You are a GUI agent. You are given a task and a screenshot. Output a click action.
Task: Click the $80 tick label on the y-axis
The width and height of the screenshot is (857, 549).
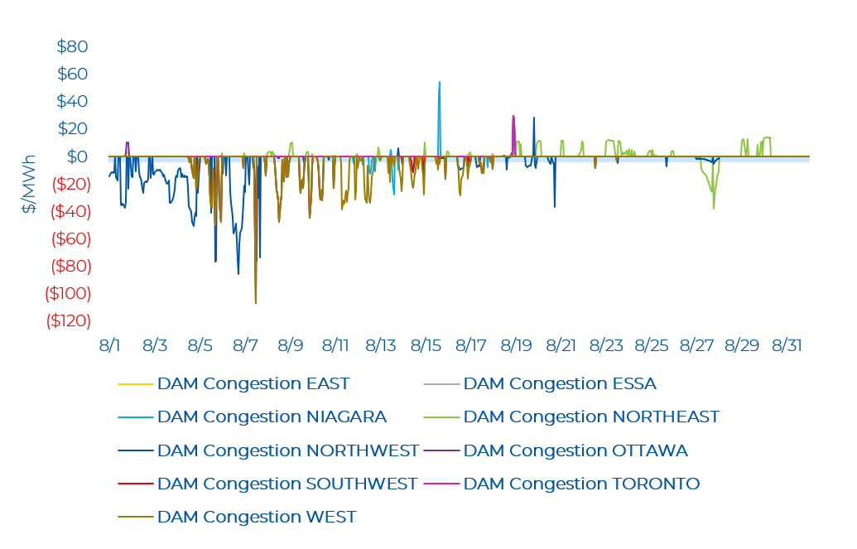coord(72,46)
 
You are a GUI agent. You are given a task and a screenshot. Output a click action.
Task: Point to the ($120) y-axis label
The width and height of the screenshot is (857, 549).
coord(69,320)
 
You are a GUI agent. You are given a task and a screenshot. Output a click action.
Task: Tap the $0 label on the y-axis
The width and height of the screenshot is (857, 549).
coord(77,157)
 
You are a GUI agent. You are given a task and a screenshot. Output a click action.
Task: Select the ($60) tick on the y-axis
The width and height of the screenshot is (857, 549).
coord(71,238)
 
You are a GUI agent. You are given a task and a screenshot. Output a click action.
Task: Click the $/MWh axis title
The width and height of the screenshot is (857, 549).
coord(28,184)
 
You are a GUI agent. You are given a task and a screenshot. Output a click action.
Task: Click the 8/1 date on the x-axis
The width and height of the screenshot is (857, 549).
coord(109,345)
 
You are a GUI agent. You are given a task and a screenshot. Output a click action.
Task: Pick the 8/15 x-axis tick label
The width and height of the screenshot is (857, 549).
coord(426,345)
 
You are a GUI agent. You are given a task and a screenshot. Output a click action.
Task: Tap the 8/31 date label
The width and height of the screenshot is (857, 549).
coord(787,345)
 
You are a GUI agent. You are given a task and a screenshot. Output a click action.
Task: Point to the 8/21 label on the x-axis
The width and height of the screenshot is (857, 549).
coord(561,345)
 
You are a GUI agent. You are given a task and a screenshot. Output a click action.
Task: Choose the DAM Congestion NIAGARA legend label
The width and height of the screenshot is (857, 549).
coord(272,417)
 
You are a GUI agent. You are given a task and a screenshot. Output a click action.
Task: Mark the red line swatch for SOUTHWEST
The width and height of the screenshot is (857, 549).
coord(135,484)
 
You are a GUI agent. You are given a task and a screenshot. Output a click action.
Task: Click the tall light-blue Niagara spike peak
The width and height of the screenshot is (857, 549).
coord(440,83)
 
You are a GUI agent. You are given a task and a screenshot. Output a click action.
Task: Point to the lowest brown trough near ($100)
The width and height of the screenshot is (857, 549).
coord(256,302)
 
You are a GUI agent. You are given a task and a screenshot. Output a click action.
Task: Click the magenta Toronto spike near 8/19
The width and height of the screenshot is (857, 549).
coord(513,117)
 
